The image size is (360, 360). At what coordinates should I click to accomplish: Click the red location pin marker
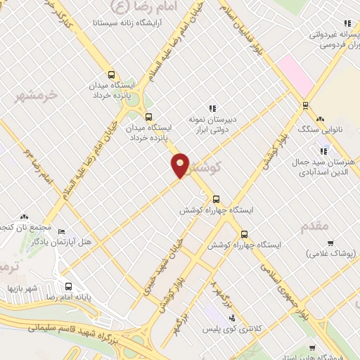pos(181,165)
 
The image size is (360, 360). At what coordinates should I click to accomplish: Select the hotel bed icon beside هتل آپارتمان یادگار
pos(61,231)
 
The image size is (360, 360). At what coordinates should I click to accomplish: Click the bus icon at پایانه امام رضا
pos(68,287)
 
